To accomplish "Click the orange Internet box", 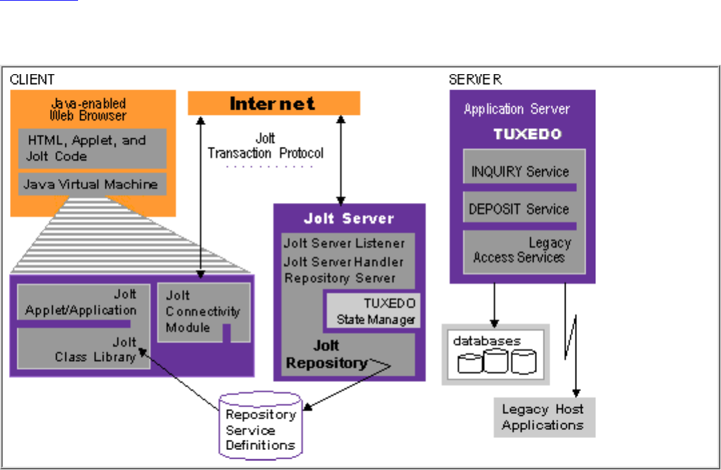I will pyautogui.click(x=273, y=103).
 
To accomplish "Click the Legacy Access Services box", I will pyautogui.click(x=524, y=250).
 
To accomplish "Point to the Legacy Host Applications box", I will pyautogui.click(x=543, y=417).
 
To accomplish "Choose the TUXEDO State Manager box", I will pyautogui.click(x=372, y=311).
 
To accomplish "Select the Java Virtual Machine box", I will pyautogui.click(x=91, y=184).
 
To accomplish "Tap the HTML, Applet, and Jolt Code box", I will pyautogui.click(x=91, y=148).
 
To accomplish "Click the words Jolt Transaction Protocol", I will pyautogui.click(x=265, y=146).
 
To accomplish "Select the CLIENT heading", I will pyautogui.click(x=32, y=79).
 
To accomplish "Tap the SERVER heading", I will pyautogui.click(x=475, y=79).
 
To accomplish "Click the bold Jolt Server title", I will pyautogui.click(x=349, y=218).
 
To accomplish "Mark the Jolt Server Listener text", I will pyautogui.click(x=343, y=243).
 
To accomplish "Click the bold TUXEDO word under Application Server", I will pyautogui.click(x=527, y=134).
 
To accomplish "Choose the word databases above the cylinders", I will pyautogui.click(x=486, y=340).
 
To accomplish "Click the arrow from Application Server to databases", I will pyautogui.click(x=495, y=303).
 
